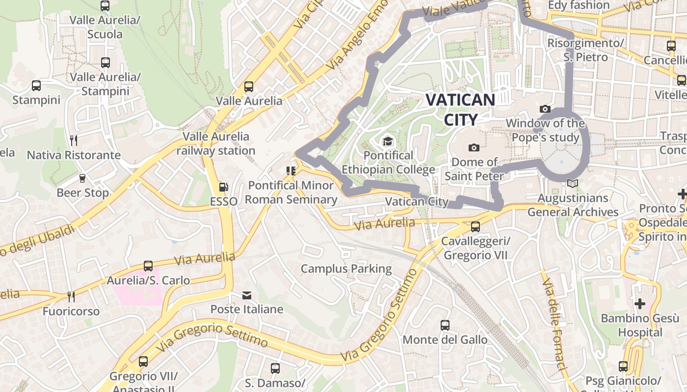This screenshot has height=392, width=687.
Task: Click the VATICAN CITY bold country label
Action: coord(460,109)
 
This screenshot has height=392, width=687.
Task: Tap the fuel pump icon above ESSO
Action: coord(223,187)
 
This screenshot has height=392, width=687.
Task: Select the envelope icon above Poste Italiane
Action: coord(246,295)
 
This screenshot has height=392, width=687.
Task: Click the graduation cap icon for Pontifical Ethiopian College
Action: coord(388,141)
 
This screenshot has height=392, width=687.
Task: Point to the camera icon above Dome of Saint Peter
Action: coord(474,147)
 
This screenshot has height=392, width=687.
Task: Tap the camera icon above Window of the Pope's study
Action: coord(545,109)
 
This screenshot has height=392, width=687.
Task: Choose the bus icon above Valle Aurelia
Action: coord(249,87)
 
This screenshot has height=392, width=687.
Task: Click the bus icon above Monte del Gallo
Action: coord(445,325)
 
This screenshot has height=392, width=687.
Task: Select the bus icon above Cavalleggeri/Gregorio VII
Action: coord(475,227)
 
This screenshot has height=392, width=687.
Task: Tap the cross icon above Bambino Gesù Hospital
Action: coord(639,304)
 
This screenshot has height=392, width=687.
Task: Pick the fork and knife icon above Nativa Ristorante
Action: coord(73,141)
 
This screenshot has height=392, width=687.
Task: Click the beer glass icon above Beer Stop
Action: coord(82,178)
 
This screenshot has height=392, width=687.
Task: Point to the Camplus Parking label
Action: coord(346,269)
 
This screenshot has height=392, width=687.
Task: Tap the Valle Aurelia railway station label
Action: coord(216,143)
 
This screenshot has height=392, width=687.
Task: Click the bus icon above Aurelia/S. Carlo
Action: coord(148,266)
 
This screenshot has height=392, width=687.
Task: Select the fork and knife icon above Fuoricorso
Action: coord(71,296)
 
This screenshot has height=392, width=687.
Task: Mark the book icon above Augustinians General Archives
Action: coord(572,184)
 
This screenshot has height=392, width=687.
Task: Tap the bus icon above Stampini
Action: coord(36,86)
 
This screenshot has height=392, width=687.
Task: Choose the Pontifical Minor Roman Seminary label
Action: coord(291,192)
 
